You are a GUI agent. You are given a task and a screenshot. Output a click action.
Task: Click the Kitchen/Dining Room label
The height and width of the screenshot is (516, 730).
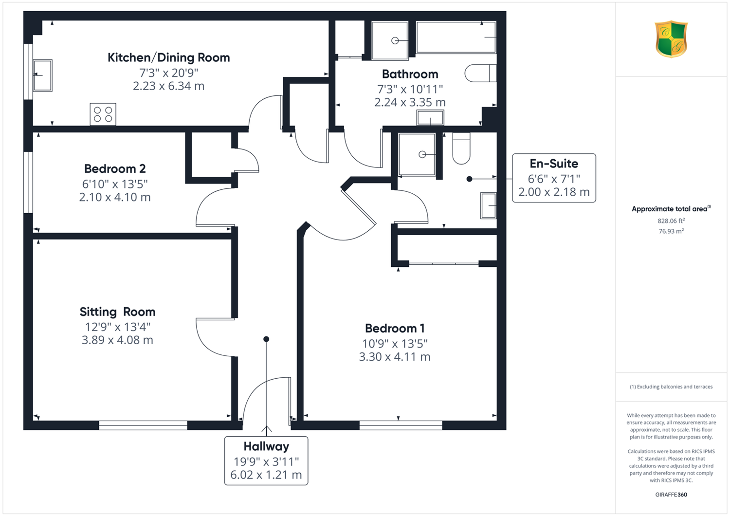pos(168,58)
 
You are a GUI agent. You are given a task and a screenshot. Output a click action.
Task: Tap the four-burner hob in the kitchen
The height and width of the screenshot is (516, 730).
pos(103,114)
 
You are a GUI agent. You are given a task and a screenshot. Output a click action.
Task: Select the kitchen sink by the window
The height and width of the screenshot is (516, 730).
pos(42,75)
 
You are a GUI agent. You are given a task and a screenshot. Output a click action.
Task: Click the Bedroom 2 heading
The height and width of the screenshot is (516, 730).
pos(115,169)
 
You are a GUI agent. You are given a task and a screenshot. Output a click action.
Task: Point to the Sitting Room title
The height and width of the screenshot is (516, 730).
pos(117,312)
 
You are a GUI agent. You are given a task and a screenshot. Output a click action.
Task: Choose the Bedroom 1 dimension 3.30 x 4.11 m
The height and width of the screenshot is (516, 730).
pos(395,357)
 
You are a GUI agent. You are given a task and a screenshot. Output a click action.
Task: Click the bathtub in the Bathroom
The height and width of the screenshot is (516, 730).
pos(456,37)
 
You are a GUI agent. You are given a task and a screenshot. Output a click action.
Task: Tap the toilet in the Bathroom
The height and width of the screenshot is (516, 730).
pos(480,73)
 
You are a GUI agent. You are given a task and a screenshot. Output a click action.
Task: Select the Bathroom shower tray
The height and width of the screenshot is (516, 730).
pos(390,41)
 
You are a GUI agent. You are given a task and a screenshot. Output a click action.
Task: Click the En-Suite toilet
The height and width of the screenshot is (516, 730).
pos(461,148)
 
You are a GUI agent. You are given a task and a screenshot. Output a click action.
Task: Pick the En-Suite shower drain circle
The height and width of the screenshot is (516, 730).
pos(422,154)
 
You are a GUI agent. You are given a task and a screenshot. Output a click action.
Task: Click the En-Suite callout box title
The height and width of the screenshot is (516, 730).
pos(554,164)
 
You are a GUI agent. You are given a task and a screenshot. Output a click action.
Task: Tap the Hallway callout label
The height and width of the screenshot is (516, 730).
pos(266,446)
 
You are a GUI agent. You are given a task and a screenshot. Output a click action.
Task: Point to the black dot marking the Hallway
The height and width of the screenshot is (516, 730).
pos(266,339)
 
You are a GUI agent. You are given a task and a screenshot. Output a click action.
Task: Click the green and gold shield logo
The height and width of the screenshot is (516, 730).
pos(671,39)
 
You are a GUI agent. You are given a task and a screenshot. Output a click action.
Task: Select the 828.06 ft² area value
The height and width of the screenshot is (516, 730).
pos(671,221)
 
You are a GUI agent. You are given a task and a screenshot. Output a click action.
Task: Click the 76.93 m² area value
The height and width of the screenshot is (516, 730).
pos(671,231)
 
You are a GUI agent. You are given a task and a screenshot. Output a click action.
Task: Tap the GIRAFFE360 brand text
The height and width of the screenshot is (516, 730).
pos(671,495)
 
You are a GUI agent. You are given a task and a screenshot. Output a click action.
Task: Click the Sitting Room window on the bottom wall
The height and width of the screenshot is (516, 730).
pos(144,425)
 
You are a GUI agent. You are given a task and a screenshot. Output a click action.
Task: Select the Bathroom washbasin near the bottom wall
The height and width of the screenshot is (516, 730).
pos(430,118)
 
